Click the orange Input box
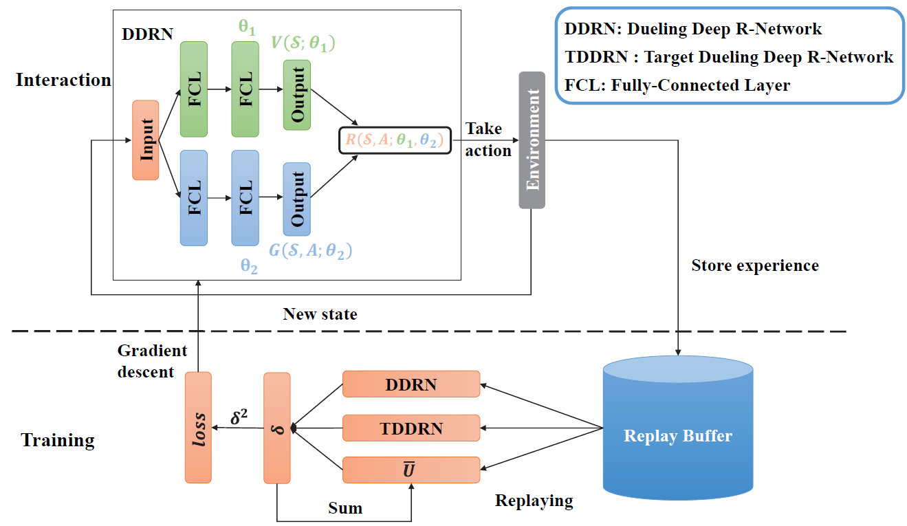[x=145, y=140]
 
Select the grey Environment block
[x=532, y=140]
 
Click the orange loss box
[x=198, y=428]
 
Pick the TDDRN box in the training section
[x=411, y=428]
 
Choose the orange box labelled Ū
[x=411, y=470]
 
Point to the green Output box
[x=297, y=95]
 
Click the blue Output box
[x=297, y=199]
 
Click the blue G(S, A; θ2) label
[x=310, y=251]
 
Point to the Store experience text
[x=755, y=265]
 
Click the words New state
[x=320, y=314]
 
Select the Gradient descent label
[x=152, y=360]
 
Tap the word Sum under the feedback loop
[x=345, y=508]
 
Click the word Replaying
[x=534, y=500]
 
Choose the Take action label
[x=488, y=140]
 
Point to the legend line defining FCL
[x=677, y=85]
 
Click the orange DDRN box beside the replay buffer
[x=411, y=384]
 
